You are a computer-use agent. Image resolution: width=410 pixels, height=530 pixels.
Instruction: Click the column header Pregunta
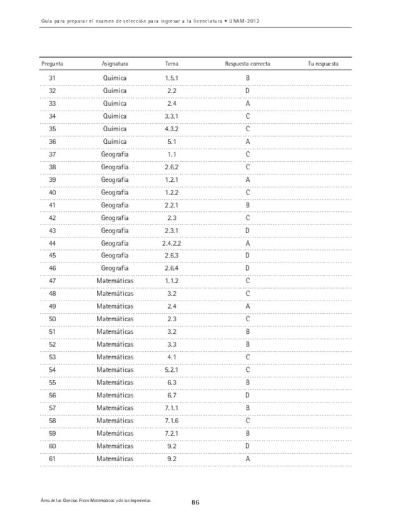pos(52,64)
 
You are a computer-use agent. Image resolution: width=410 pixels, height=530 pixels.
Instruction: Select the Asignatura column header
pos(115,64)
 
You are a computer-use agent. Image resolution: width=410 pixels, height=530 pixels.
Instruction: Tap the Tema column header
pos(172,64)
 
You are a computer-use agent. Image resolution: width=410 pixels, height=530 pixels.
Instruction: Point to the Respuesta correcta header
pos(248,64)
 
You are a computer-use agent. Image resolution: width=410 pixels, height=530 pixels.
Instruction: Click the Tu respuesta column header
pos(323,64)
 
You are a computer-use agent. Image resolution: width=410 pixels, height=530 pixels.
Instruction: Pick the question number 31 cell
pos(52,78)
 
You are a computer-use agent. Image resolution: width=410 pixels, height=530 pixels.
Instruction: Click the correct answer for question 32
pos(248,91)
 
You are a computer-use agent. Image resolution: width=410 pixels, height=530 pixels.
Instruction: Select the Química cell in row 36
pos(115,141)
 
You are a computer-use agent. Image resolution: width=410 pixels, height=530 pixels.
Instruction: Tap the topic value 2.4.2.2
pos(172,243)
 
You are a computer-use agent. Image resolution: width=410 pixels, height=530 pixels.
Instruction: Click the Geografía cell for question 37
pos(115,154)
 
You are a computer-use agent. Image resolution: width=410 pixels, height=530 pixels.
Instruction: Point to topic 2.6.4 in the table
pos(172,268)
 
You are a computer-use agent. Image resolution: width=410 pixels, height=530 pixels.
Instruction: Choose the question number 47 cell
pos(52,281)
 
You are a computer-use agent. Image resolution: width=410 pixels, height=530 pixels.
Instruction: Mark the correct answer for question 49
pos(248,306)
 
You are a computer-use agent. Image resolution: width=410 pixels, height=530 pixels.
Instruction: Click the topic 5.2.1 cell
pos(172,370)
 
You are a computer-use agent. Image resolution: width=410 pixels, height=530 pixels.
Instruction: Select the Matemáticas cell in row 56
pos(115,395)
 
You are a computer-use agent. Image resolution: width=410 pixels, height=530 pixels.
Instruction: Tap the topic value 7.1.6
pos(172,421)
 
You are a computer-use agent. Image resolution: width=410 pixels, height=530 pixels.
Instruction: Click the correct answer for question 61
pos(248,459)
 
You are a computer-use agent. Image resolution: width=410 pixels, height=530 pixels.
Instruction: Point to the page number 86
pos(195,502)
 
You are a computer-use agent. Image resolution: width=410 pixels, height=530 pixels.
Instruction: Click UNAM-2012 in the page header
pos(245,21)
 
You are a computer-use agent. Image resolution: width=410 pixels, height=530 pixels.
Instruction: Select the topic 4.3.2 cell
pos(172,129)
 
